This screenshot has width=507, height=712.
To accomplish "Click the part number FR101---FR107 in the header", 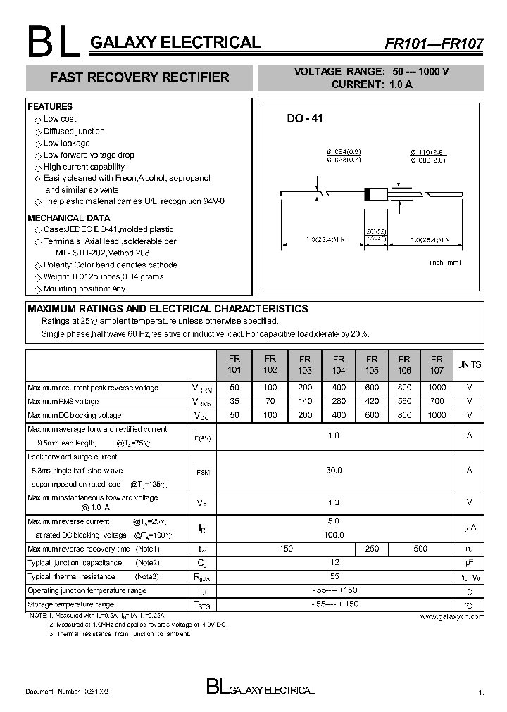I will tap(434, 43).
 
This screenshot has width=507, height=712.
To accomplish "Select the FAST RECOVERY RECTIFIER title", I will tap(139, 77).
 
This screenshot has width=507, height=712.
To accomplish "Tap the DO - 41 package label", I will tap(304, 119).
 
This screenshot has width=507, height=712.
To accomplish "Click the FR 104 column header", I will tap(338, 364).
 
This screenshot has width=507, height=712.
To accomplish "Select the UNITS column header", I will tap(469, 364).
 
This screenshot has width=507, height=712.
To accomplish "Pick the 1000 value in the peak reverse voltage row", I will tap(437, 388).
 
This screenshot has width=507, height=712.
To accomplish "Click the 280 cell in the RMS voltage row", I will tap(338, 401).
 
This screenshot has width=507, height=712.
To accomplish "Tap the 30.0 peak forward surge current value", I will tap(334, 470).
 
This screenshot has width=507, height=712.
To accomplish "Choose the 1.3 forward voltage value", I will tap(334, 502).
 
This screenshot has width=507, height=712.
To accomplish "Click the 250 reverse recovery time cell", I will tap(372, 549).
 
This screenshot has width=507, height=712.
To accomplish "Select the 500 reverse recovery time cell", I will tap(420, 549).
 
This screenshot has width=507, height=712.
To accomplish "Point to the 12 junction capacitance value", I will tap(334, 562).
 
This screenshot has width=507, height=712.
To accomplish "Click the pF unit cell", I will tap(469, 563).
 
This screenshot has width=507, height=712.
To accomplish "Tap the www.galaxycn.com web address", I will tap(452, 616).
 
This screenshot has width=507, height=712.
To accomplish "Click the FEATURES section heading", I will tap(50, 107).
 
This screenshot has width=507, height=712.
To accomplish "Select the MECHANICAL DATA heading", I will tap(68, 217).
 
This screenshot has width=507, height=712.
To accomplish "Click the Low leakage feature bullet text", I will tap(67, 143).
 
